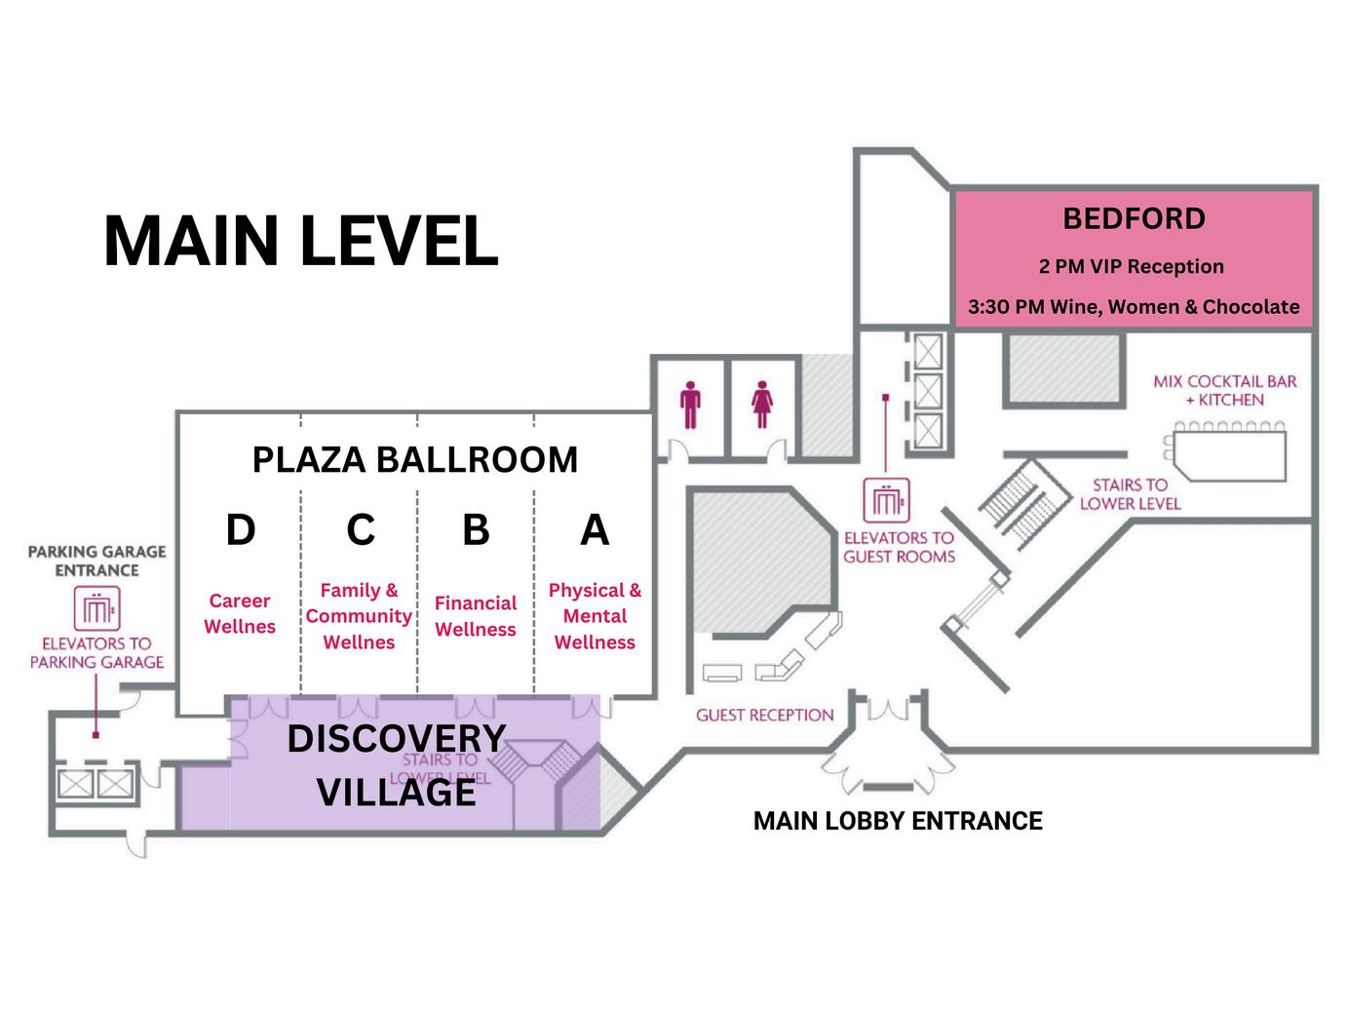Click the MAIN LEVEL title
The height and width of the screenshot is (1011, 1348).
click(300, 241)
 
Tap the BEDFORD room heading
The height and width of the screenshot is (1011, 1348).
click(1134, 218)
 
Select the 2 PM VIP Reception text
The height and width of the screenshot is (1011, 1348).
click(1132, 266)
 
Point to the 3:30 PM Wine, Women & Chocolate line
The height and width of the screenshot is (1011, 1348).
click(1134, 306)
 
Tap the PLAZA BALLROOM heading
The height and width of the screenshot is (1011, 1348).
click(415, 459)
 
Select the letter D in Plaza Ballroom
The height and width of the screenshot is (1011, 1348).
click(240, 529)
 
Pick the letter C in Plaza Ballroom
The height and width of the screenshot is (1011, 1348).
click(361, 529)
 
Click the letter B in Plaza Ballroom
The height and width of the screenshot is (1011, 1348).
click(476, 529)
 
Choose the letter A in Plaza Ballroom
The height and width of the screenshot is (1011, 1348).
click(595, 529)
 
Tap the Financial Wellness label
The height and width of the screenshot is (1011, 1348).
click(476, 616)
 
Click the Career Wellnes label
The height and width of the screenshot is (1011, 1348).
click(240, 613)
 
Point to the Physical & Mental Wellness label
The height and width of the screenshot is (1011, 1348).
click(595, 616)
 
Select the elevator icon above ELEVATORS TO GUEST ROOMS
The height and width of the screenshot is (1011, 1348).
click(886, 501)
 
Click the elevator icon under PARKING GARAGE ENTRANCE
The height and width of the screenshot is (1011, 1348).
click(97, 608)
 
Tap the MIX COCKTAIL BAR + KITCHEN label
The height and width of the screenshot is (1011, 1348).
click(1225, 390)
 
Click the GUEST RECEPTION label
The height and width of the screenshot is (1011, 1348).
click(765, 715)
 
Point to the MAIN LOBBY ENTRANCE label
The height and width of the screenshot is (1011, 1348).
click(898, 821)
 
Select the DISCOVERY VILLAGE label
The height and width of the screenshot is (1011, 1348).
click(397, 765)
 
